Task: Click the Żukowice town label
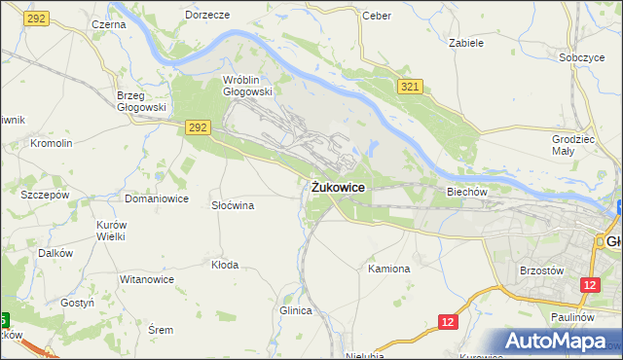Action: tap(339, 187)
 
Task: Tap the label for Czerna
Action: tap(108, 23)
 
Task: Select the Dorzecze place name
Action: tap(206, 16)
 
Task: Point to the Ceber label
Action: tap(376, 16)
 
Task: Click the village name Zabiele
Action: tap(466, 43)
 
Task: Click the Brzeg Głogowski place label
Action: tap(142, 101)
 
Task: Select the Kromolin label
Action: tap(52, 143)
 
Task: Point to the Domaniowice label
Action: tap(156, 198)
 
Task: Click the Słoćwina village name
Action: tap(233, 205)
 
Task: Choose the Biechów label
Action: tap(466, 192)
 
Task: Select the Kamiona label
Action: tap(389, 268)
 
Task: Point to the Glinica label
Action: tap(295, 310)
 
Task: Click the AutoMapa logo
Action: tap(558, 341)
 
